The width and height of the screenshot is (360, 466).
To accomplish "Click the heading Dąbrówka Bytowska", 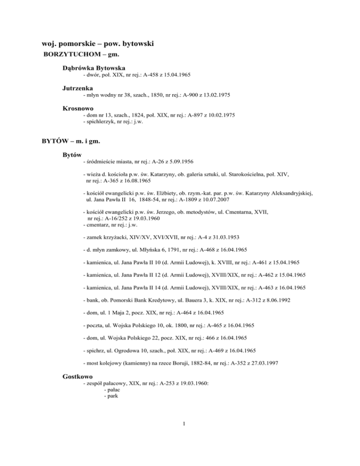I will pyautogui.click(x=94, y=68).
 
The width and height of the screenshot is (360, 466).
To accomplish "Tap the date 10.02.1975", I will pyautogui.click(x=218, y=114).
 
